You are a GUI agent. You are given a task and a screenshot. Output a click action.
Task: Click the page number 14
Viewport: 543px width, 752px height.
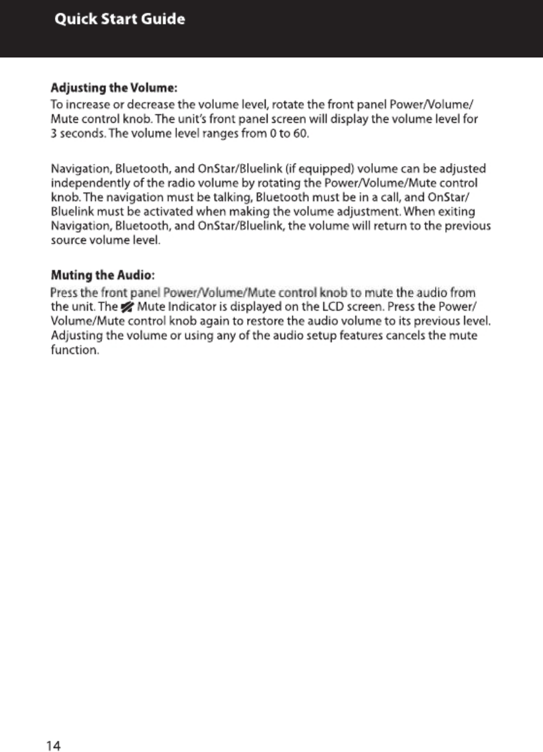pyautogui.click(x=54, y=746)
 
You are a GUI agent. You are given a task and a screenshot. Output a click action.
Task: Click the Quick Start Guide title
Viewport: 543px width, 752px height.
pyautogui.click(x=120, y=19)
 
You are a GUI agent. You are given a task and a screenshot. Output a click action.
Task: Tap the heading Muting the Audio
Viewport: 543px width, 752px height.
pyautogui.click(x=103, y=277)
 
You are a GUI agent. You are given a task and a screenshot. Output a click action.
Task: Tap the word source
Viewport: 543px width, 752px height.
pyautogui.click(x=69, y=240)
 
